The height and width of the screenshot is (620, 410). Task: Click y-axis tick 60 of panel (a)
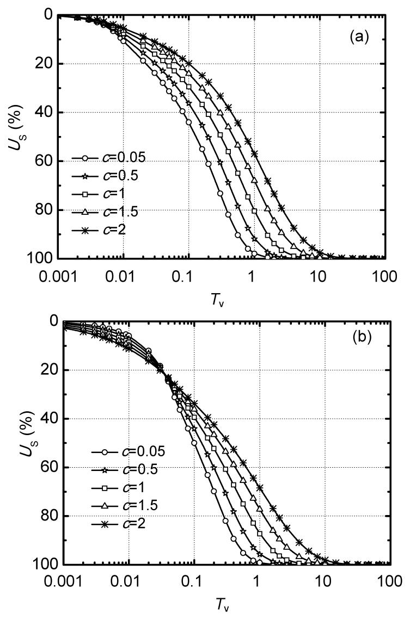(45, 161)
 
